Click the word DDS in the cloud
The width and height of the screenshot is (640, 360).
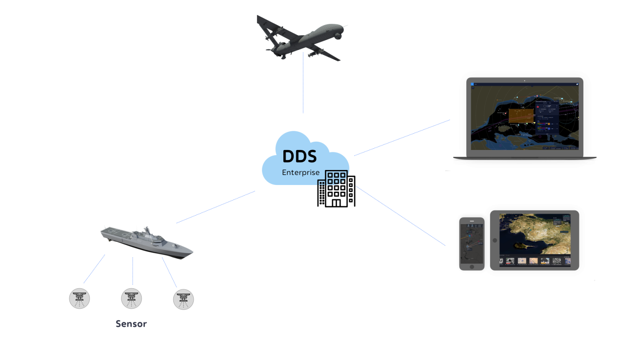(299, 156)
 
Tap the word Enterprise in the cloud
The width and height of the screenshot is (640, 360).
(300, 172)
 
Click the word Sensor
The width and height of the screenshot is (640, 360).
(131, 324)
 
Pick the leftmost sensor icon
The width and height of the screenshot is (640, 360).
(79, 298)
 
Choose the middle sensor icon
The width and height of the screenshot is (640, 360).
(131, 298)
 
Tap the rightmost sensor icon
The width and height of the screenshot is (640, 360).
(183, 299)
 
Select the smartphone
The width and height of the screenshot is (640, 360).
(472, 244)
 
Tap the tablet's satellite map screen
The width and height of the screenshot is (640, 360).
(535, 235)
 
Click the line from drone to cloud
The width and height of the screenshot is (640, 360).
(303, 83)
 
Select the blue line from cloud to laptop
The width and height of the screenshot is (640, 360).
(402, 138)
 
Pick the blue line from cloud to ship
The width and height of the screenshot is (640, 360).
(215, 207)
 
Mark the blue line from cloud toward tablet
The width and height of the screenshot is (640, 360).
(400, 215)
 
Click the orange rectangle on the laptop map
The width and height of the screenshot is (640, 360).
(521, 115)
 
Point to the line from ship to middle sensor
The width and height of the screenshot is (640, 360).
(132, 271)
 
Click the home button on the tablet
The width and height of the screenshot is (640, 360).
(495, 240)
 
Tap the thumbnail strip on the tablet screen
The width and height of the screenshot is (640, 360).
(535, 261)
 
